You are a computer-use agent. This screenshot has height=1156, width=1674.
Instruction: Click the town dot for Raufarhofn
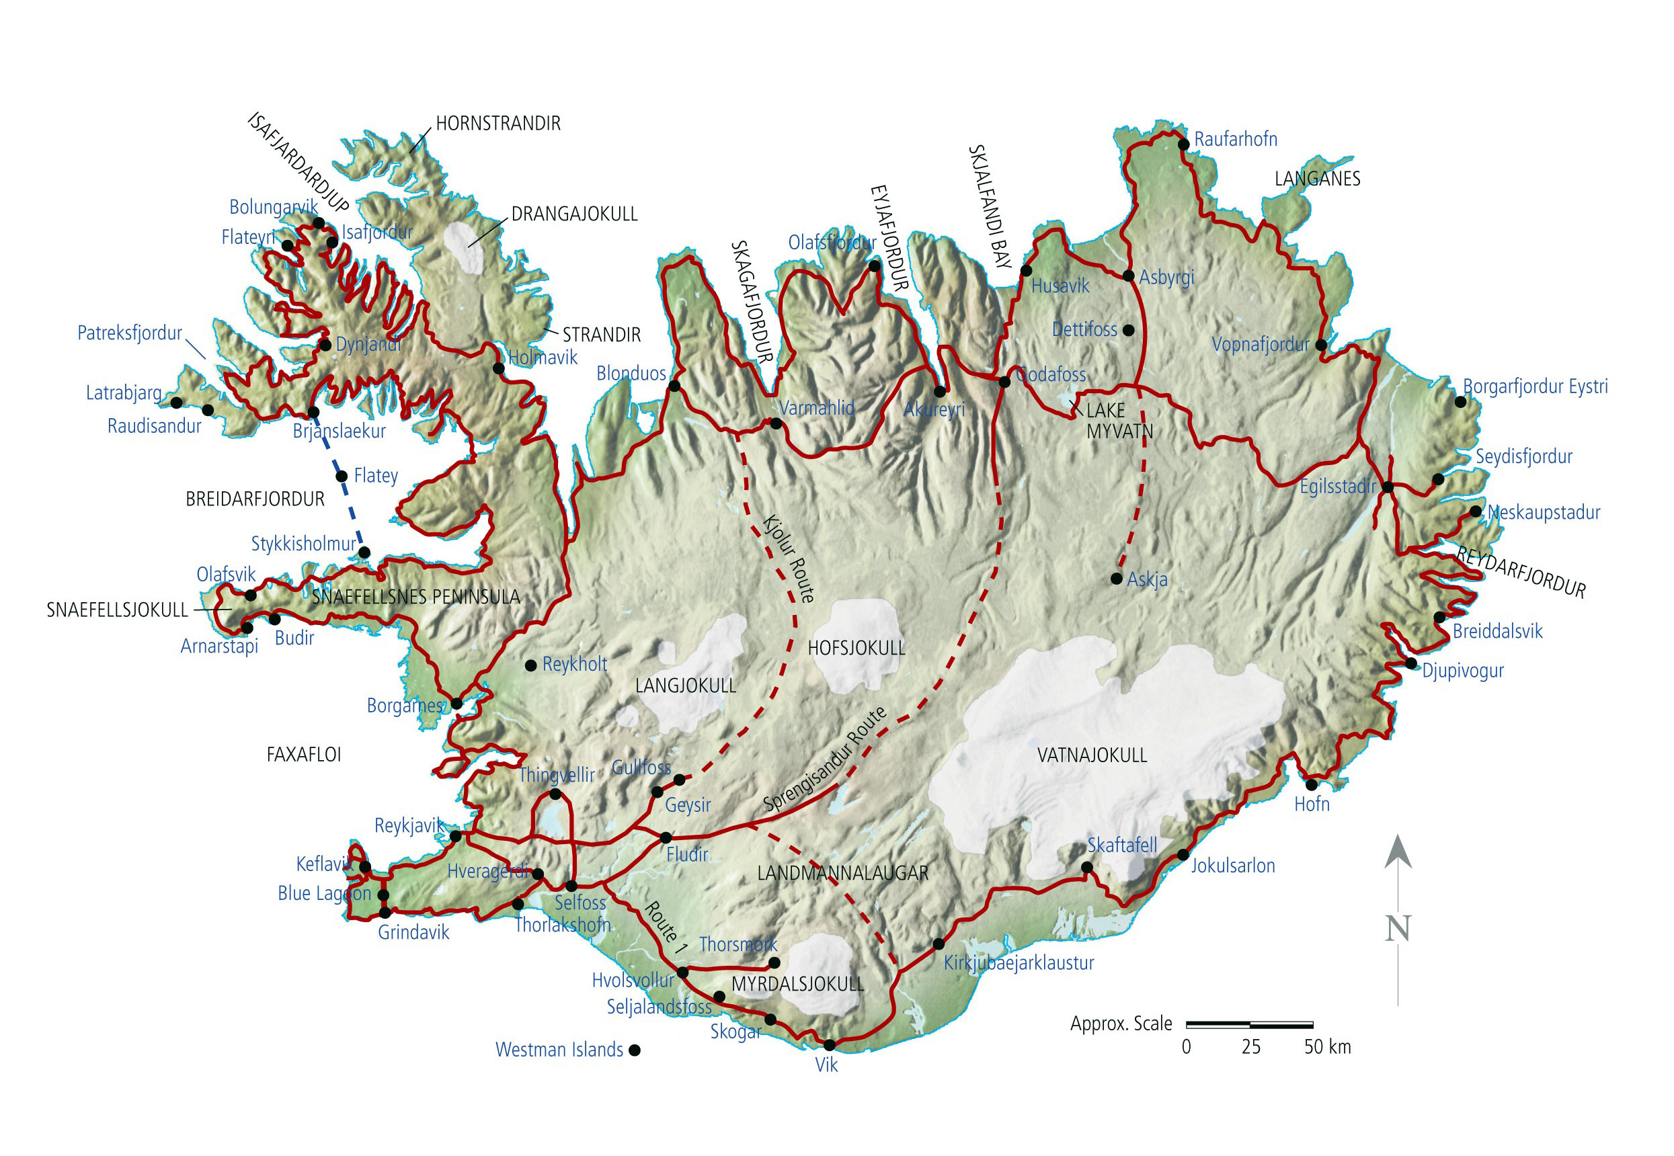(1184, 145)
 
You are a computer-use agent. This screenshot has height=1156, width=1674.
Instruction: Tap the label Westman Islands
(559, 1050)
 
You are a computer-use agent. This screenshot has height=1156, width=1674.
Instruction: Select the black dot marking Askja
(1116, 579)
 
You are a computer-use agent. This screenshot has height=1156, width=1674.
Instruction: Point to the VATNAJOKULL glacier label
(1092, 755)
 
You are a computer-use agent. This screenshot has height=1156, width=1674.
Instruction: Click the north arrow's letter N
(1397, 929)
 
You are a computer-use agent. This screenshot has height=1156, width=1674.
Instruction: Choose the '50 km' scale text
(1327, 1047)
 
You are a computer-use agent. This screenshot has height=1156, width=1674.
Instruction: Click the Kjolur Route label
(788, 559)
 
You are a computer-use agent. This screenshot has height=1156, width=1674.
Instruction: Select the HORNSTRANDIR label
(497, 124)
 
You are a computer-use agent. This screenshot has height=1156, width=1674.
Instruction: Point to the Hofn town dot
(1311, 785)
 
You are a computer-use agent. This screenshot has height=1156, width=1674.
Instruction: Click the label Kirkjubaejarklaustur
(1018, 963)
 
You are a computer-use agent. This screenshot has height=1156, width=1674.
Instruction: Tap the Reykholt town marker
(531, 665)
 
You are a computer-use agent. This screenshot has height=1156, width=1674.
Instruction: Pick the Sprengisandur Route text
(824, 759)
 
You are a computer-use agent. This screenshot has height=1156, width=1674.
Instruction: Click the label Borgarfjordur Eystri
(1535, 386)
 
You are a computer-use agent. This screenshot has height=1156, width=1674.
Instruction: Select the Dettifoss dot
(1128, 330)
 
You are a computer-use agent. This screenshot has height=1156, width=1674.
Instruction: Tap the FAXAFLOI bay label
(303, 755)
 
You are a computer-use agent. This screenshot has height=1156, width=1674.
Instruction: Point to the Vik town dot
(830, 1045)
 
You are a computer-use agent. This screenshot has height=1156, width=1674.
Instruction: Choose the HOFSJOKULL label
(856, 649)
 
